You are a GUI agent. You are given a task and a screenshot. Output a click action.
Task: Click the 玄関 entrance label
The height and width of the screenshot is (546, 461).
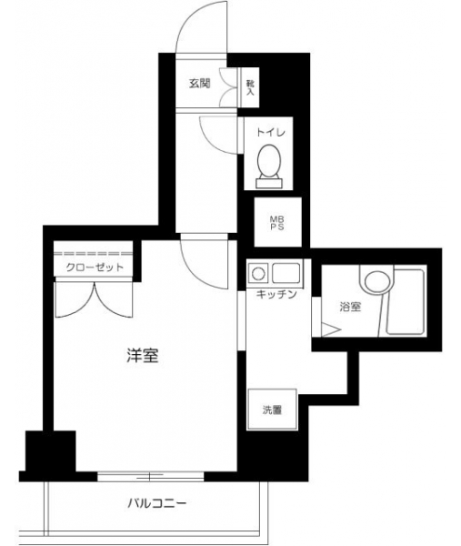200,84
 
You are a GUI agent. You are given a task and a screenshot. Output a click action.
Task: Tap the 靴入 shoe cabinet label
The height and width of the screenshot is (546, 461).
250,87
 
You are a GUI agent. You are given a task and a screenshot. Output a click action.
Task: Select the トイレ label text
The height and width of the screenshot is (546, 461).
271,132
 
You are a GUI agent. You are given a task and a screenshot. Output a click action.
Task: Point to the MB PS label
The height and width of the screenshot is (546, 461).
277,223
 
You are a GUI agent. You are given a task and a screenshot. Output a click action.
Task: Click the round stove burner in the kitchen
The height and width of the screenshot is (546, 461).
258,274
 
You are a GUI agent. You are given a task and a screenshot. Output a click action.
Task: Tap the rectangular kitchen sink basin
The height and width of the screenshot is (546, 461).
286,273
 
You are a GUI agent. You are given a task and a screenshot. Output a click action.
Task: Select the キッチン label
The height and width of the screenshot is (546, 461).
276,295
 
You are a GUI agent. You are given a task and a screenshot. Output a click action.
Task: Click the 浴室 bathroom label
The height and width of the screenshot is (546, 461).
350,307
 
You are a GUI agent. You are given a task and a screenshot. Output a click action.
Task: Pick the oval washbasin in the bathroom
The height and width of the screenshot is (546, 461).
376,282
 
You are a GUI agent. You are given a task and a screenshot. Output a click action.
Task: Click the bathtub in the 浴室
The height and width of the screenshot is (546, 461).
406,301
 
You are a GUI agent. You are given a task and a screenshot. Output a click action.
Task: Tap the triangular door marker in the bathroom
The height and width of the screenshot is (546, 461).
331,329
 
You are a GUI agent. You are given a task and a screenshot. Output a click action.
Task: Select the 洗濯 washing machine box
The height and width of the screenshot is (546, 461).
272,409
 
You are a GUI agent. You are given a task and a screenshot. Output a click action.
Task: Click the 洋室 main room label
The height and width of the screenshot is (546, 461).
143,355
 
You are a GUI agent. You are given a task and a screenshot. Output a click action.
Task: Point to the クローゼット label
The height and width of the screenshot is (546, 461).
95,267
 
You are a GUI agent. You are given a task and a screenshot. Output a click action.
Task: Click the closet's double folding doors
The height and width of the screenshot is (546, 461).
94,299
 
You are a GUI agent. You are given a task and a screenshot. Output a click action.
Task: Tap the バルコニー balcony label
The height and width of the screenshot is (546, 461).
157,503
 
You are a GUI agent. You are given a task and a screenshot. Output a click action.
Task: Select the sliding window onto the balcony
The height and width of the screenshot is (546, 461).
150,476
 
